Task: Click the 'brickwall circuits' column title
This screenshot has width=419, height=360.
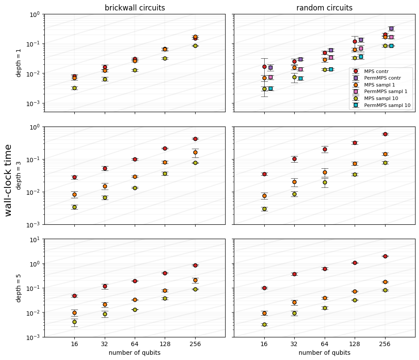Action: (x=135, y=8)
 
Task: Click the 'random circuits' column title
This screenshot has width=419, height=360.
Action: (x=324, y=8)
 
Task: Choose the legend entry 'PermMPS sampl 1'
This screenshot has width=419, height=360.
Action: (x=385, y=91)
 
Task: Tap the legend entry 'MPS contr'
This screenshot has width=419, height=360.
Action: (x=376, y=71)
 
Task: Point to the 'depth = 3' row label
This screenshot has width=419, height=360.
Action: (x=19, y=175)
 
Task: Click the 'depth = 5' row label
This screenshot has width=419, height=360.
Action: (x=19, y=288)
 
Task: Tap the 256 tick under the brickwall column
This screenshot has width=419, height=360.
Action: (x=195, y=344)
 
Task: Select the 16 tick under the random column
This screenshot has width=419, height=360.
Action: (x=264, y=344)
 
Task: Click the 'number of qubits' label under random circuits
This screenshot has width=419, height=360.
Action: (x=324, y=353)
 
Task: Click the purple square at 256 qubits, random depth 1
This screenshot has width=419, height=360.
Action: (x=391, y=29)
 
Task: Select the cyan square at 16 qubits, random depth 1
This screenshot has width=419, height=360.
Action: (x=270, y=88)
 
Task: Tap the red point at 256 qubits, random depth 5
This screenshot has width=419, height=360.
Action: (x=385, y=256)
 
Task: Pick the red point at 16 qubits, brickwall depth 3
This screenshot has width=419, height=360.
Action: (x=74, y=177)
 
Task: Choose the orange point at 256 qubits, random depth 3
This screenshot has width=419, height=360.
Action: (x=385, y=154)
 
